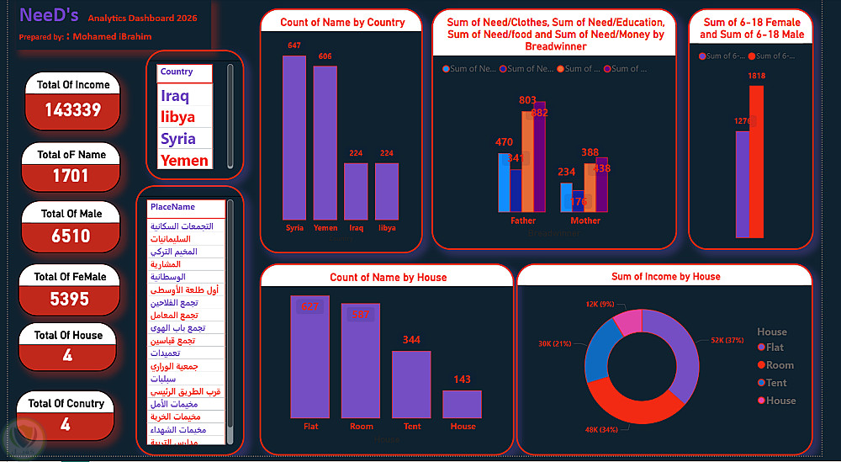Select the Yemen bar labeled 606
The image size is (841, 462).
click(x=325, y=143)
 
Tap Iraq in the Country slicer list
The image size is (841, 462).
click(x=175, y=96)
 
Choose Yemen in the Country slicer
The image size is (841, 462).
click(x=184, y=160)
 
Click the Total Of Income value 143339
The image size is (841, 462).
click(x=73, y=109)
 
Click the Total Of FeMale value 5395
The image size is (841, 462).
click(x=70, y=299)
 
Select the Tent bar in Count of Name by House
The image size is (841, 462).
click(x=411, y=384)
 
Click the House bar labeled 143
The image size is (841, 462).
click(x=463, y=404)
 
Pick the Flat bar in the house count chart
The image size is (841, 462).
click(x=310, y=357)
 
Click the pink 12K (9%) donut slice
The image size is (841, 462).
click(x=628, y=323)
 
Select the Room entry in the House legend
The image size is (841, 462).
click(x=780, y=365)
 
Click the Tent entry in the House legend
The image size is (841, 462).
click(x=776, y=383)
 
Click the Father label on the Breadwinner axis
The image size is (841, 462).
click(x=523, y=220)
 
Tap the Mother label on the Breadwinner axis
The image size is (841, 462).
click(x=585, y=220)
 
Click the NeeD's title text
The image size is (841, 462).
click(x=49, y=15)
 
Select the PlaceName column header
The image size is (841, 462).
click(x=172, y=207)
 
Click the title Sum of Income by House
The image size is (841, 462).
click(x=665, y=276)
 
